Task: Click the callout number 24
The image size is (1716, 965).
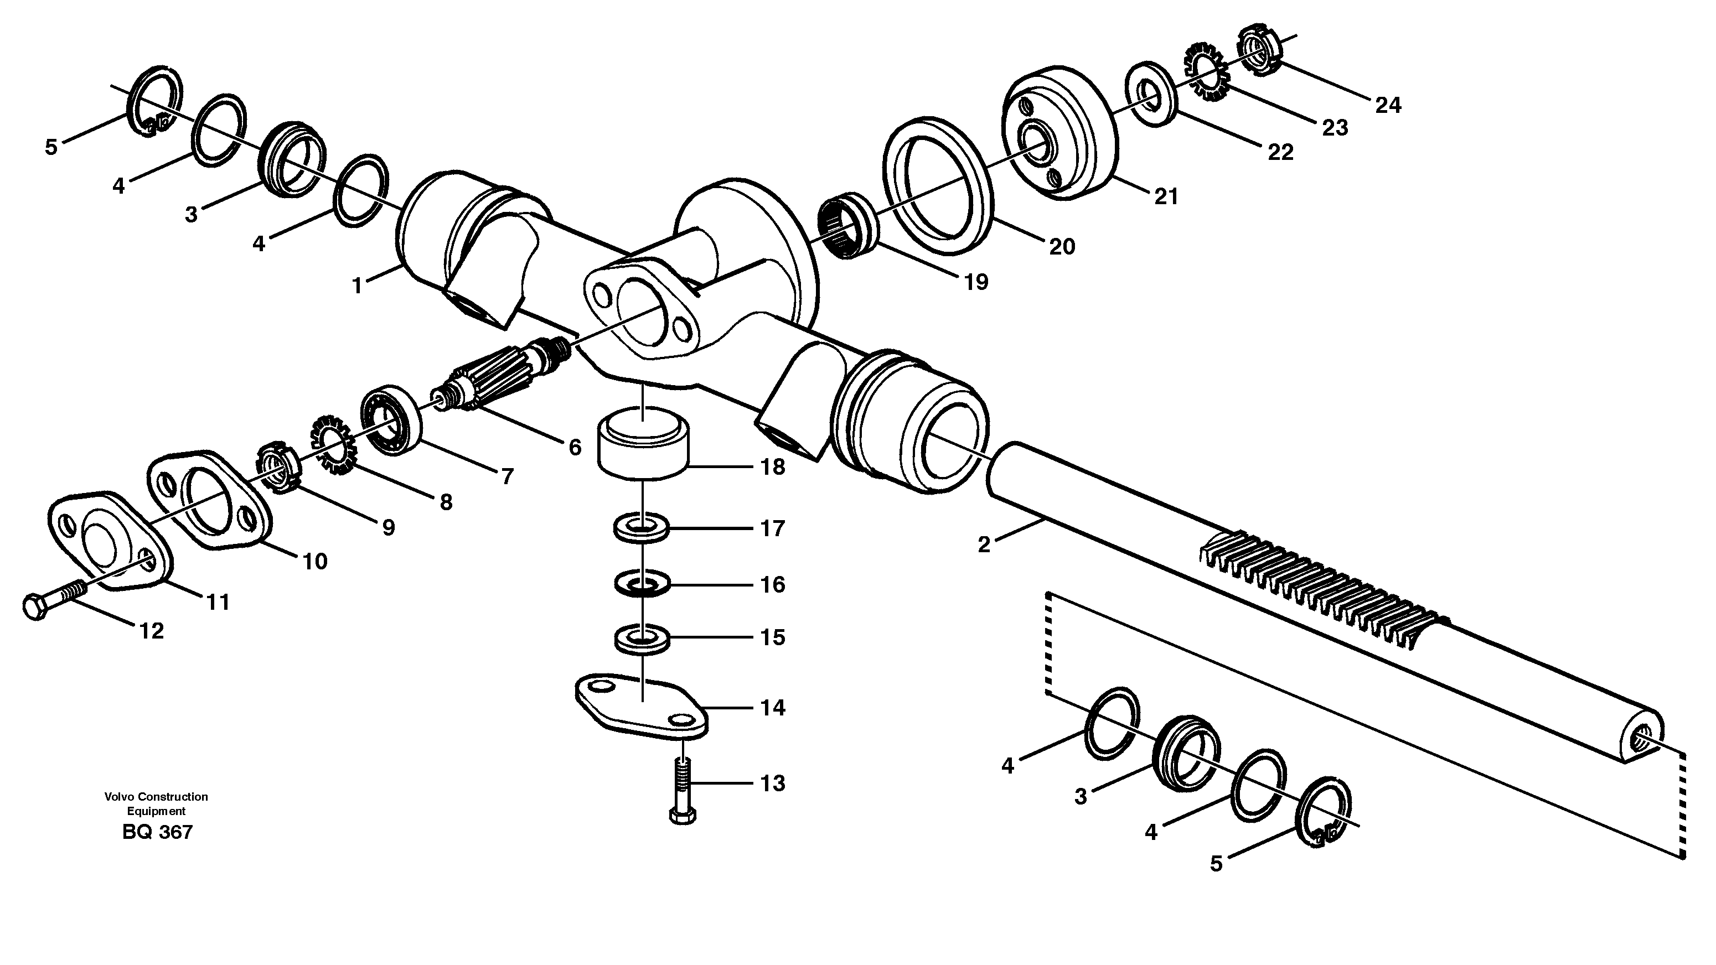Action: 1388,105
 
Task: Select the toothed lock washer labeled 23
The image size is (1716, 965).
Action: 1206,72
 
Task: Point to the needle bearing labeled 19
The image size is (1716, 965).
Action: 847,225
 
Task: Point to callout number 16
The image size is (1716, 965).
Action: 773,585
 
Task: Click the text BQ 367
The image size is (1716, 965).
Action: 157,832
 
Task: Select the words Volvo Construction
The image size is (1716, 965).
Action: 156,796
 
